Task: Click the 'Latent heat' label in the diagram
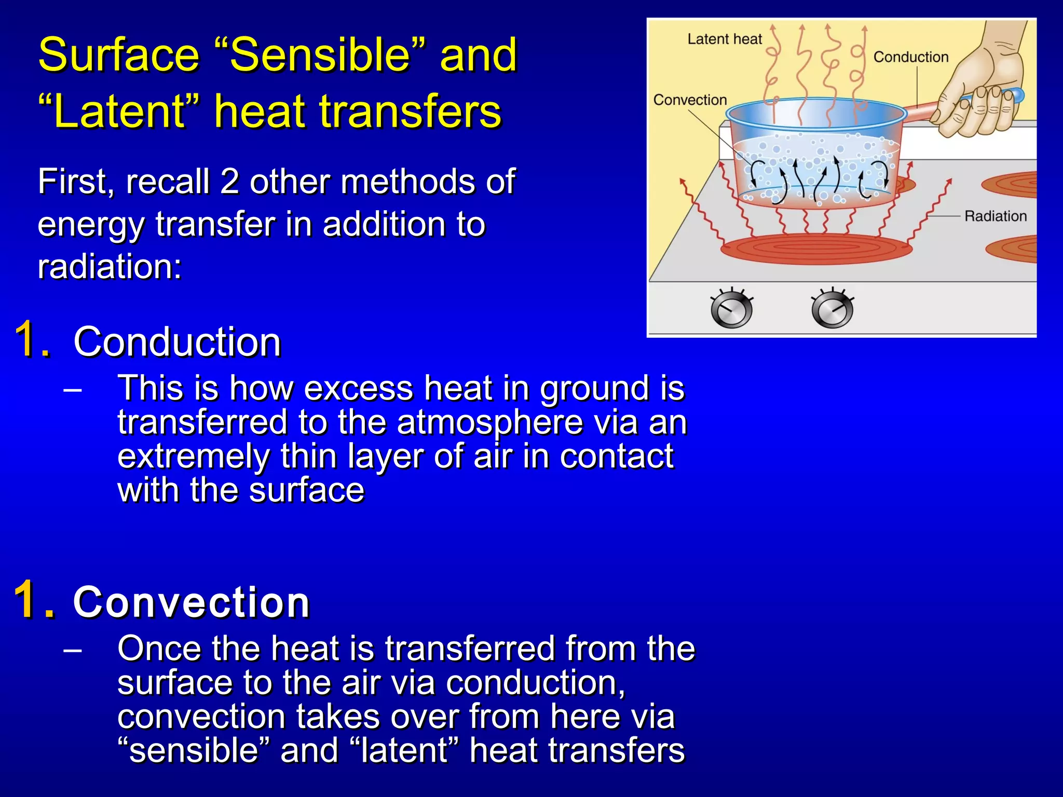click(x=724, y=39)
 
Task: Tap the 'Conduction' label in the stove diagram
click(x=910, y=57)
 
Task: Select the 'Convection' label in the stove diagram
click(x=689, y=100)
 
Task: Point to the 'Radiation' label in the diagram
click(x=995, y=216)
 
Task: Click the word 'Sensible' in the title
click(x=319, y=55)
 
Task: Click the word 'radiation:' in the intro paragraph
click(x=110, y=267)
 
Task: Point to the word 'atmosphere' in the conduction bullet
click(x=489, y=422)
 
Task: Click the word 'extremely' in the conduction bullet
click(x=193, y=456)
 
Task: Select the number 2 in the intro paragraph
click(x=229, y=182)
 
